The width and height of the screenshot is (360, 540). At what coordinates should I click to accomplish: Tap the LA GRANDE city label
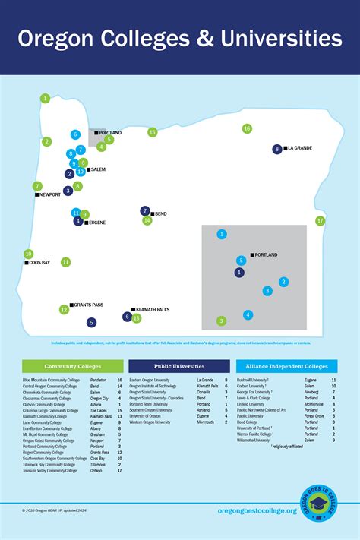coord(299,148)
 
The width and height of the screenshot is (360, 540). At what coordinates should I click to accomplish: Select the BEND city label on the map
coord(160,214)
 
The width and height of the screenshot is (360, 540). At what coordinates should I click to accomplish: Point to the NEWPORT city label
coord(50,194)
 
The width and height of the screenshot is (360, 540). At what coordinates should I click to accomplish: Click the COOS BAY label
coord(39,263)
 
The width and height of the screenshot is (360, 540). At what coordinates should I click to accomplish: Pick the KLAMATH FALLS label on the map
coord(153,310)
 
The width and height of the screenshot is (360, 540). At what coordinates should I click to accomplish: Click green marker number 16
coord(247,129)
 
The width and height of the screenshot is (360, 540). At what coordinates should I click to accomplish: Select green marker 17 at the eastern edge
coord(321,221)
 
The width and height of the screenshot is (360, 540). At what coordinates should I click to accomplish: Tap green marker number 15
coord(153,132)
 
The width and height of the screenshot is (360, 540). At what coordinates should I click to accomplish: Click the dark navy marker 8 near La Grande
coord(277,150)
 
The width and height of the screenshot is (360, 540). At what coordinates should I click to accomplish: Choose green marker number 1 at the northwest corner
coord(46,98)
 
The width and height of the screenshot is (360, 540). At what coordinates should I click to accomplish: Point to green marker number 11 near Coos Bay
coord(66,262)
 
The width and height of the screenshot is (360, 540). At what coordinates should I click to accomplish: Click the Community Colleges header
coord(72,366)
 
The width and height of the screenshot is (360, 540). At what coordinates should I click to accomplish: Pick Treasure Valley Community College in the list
coord(49,470)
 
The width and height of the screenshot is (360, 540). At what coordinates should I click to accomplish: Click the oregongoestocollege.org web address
coord(257,510)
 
